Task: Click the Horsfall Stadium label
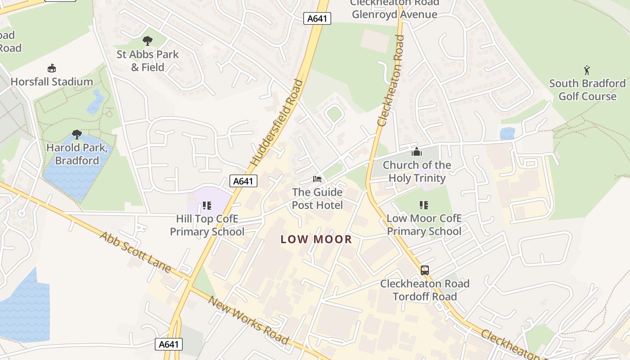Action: point(52,82)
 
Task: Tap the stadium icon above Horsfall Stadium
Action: point(52,68)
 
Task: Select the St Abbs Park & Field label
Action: point(148,61)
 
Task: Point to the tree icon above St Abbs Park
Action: point(148,41)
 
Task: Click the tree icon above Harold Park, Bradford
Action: point(77,135)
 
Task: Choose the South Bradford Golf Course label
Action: point(587,90)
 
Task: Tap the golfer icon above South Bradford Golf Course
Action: point(587,70)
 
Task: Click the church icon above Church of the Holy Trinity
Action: point(417,152)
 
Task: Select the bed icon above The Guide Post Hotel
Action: point(317,179)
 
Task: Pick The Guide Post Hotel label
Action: point(317,199)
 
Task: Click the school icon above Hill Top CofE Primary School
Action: point(207,206)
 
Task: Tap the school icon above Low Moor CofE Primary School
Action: point(424,205)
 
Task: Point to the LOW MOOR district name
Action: point(316,239)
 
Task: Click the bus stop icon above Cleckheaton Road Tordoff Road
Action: point(425,270)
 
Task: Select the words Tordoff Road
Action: point(425,297)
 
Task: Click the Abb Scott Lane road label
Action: point(135,252)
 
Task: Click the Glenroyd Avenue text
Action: point(394,14)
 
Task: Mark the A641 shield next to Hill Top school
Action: point(243,181)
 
